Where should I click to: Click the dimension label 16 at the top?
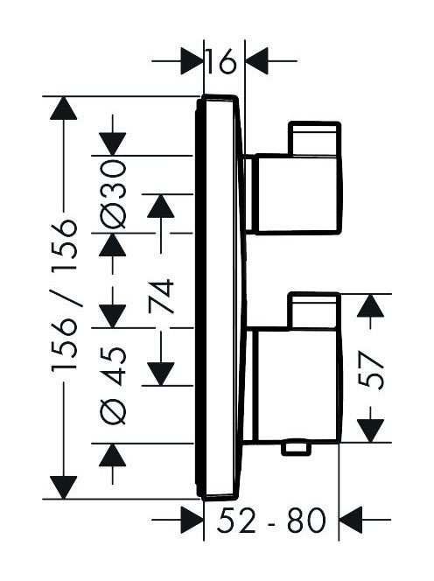pyautogui.click(x=220, y=60)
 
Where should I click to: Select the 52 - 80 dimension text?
pyautogui.click(x=271, y=520)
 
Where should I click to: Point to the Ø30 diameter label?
pyautogui.click(x=113, y=193)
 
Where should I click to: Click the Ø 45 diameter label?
pyautogui.click(x=113, y=386)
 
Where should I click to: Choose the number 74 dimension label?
pyautogui.click(x=161, y=297)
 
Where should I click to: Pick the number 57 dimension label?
pyautogui.click(x=371, y=370)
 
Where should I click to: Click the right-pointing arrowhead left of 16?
pyautogui.click(x=192, y=60)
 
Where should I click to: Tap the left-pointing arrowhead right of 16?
pyautogui.click(x=257, y=60)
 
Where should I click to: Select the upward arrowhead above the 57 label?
pyautogui.click(x=370, y=305)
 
